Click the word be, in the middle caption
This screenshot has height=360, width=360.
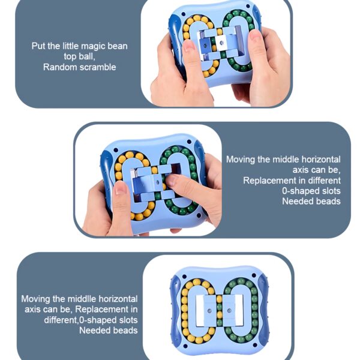coord(334,170)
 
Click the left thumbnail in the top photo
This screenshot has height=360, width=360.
coord(189,45)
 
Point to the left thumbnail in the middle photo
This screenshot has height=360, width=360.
coord(121,187)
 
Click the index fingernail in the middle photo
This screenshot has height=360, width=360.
coord(171,180)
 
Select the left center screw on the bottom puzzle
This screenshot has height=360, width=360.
coord(209,311)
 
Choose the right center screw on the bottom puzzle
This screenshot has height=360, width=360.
coord(229,311)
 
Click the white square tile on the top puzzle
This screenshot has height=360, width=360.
coord(221,43)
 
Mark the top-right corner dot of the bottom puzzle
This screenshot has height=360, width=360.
coord(254,275)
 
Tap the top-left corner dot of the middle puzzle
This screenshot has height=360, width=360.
coord(116,150)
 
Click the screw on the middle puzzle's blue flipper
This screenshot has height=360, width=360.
coord(157,182)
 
